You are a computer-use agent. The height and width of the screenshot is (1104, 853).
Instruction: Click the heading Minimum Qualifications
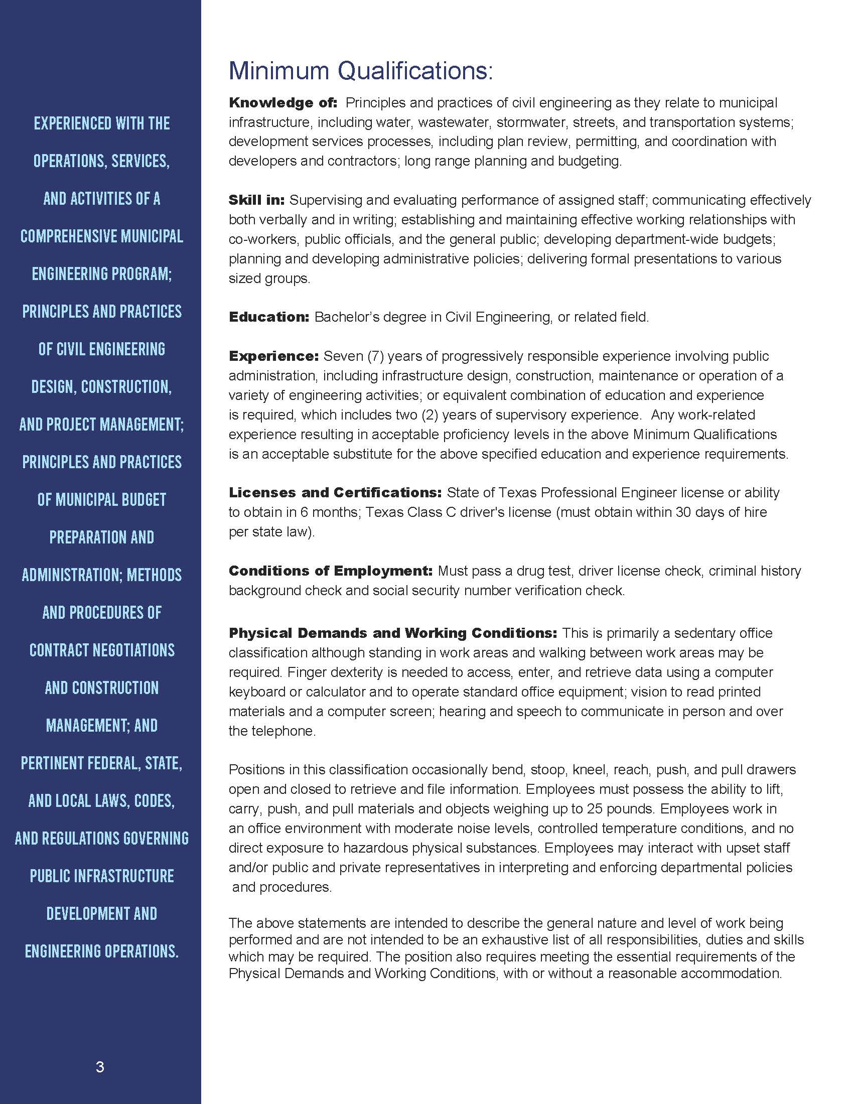coord(360,71)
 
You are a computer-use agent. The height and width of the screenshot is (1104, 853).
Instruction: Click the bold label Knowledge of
coord(282,102)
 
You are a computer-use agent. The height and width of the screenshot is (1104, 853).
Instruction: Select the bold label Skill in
coord(257,200)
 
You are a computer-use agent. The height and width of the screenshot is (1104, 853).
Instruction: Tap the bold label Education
coord(268,317)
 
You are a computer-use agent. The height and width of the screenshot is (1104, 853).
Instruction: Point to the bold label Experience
coord(273,356)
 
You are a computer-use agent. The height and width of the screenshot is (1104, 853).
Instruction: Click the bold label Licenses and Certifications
coord(335,492)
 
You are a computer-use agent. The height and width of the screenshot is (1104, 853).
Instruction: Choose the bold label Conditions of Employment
coord(331,571)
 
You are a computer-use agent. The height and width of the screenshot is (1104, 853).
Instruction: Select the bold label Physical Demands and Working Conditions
coord(393,633)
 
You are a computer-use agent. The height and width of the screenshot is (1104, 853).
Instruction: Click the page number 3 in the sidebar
coord(100,1067)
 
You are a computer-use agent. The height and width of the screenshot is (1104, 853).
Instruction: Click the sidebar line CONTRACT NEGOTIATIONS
coord(101,650)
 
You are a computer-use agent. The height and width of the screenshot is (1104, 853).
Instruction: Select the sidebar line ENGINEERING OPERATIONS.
coord(101,951)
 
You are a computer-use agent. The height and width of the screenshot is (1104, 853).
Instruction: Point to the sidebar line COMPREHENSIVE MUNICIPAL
coord(101,236)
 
